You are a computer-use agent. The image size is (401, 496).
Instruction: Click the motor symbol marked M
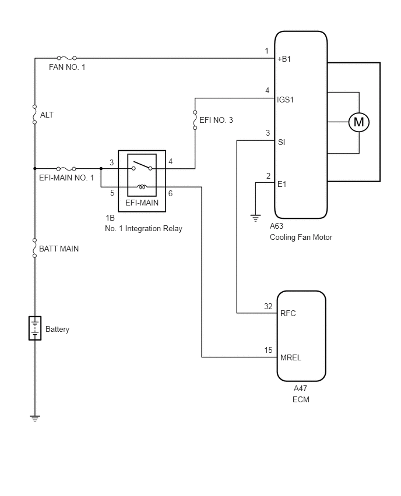359,122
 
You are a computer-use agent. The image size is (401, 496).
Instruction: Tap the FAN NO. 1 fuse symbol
67,58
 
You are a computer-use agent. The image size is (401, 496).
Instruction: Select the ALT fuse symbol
35,114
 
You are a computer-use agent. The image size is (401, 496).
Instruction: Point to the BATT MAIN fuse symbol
35,247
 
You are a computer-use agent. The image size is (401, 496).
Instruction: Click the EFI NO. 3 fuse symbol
195,120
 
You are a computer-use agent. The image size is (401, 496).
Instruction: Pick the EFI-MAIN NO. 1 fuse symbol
66,169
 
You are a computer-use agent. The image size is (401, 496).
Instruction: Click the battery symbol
35,328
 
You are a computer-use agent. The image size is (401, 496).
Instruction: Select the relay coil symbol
142,187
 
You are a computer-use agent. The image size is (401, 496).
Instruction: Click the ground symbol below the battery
35,419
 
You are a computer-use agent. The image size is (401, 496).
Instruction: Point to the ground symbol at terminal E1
255,218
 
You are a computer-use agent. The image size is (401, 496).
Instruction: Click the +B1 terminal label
284,59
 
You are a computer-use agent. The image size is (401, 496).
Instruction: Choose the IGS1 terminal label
286,100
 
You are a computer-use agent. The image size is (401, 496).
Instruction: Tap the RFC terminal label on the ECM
288,313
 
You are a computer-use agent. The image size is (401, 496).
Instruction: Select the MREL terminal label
291,357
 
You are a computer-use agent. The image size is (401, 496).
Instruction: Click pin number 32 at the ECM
268,306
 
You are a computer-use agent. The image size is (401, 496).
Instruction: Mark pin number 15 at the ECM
268,350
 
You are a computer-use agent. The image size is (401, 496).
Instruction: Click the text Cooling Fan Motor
301,238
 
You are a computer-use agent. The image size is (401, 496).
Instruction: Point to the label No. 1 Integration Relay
143,228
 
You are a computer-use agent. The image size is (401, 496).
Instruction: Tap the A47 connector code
300,388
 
